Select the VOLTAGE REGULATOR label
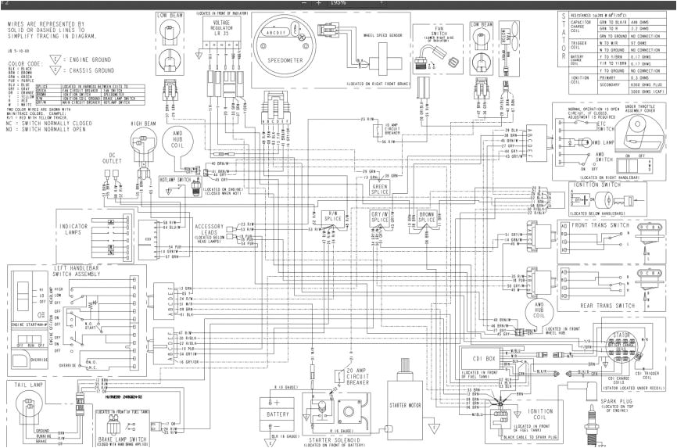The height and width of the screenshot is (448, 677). point(221,29)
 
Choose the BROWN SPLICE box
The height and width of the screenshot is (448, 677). point(427,217)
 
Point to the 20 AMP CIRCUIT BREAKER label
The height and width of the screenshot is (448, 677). point(356,374)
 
